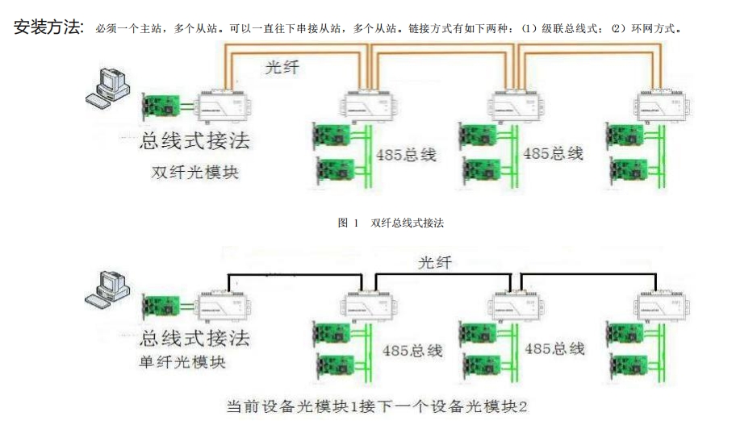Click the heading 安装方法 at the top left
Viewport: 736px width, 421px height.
(48, 27)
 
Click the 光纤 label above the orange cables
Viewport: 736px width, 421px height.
(282, 68)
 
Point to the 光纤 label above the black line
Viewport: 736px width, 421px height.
(435, 264)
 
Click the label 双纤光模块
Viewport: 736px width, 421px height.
(194, 173)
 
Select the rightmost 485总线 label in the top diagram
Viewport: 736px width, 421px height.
(553, 152)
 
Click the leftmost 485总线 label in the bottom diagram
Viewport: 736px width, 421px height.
(412, 351)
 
